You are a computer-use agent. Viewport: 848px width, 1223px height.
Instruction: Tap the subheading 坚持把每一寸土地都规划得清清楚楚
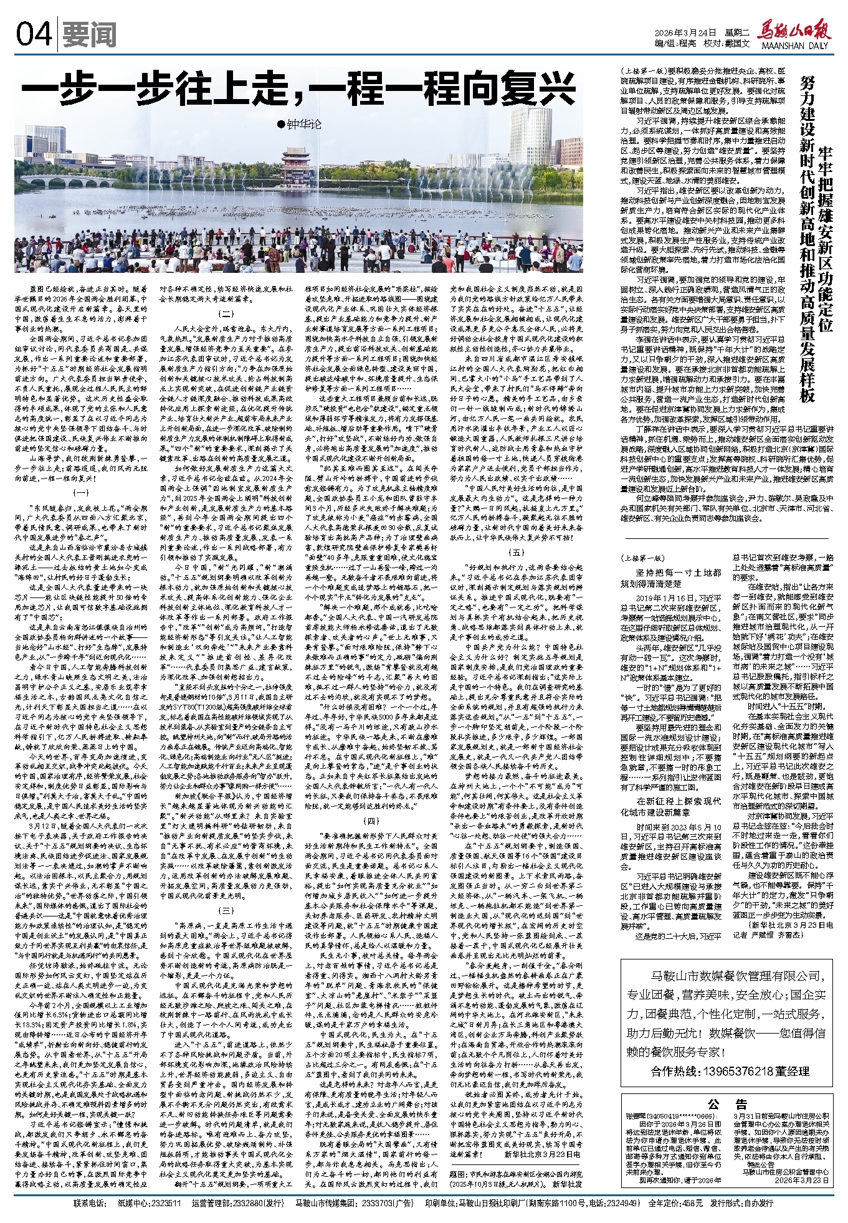[x=670, y=578]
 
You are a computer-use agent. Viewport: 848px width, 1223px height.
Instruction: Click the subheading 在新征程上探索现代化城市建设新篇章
[x=670, y=806]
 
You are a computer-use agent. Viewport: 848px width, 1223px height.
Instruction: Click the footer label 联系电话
[x=91, y=1204]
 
